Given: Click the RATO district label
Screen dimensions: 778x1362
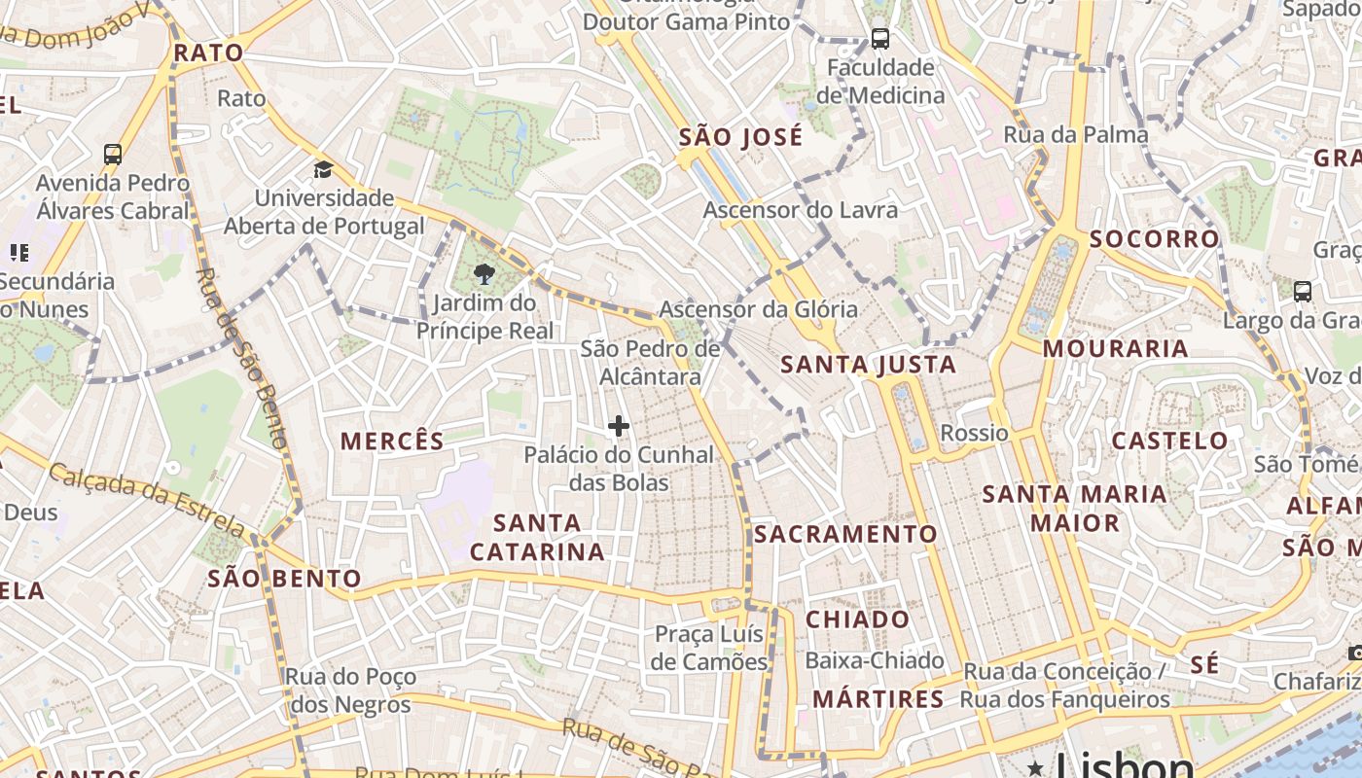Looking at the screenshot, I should [208, 53].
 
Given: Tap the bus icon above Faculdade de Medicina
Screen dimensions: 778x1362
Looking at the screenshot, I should [879, 39].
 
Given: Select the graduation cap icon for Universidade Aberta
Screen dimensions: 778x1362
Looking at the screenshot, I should [323, 170].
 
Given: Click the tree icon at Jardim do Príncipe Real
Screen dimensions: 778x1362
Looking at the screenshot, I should [483, 275].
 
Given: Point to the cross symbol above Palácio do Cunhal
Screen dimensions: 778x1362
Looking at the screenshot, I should [619, 426].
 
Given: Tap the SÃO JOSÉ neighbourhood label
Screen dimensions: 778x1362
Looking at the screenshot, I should [741, 137].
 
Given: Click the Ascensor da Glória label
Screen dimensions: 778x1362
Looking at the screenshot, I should [759, 309].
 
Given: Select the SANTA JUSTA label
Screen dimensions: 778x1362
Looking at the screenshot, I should [869, 365].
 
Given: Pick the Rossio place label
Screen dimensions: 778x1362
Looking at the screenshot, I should [974, 433].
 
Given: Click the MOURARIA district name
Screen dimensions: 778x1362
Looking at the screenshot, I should [1116, 348].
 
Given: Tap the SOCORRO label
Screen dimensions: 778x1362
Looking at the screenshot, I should [1154, 239].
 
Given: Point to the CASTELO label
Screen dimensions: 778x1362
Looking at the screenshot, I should [1169, 441].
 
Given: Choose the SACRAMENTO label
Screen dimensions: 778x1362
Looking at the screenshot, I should [845, 534].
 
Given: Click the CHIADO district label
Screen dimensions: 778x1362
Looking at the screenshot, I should [858, 619].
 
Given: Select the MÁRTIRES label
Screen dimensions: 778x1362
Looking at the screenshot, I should [878, 698].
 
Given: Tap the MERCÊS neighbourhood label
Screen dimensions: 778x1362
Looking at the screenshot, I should [392, 441].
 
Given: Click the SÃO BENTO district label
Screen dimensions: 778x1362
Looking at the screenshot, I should [284, 580].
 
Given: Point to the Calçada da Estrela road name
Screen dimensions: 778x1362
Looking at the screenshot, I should [146, 502].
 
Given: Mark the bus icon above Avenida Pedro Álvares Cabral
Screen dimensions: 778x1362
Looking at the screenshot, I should [113, 154].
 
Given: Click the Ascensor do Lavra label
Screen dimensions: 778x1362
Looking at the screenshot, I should [801, 210].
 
